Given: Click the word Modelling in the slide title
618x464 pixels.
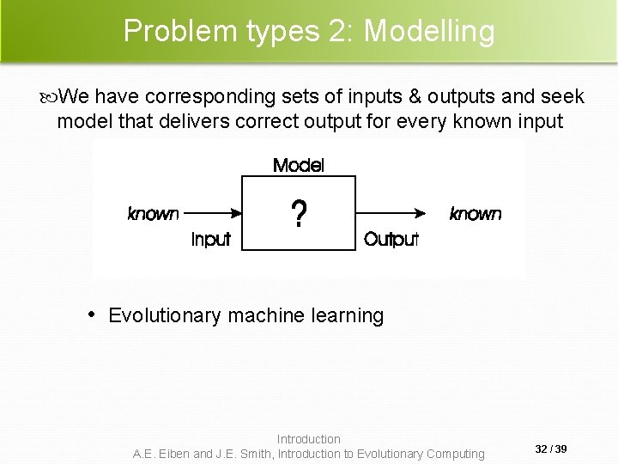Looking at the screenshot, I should (x=430, y=32).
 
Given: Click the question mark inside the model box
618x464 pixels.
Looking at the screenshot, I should (x=298, y=215).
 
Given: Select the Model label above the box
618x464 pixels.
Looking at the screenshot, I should (x=298, y=165).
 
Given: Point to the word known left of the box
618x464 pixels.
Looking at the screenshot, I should (x=153, y=213).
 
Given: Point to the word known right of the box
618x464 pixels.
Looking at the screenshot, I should (x=476, y=213).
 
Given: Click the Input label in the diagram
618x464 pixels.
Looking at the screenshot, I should (x=210, y=240).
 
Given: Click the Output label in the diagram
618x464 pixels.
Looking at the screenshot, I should (x=391, y=240).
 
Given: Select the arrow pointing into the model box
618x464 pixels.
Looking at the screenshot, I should (x=213, y=214).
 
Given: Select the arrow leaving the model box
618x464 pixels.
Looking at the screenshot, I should (x=391, y=214).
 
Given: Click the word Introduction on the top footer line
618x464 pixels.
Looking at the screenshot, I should (x=309, y=439).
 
